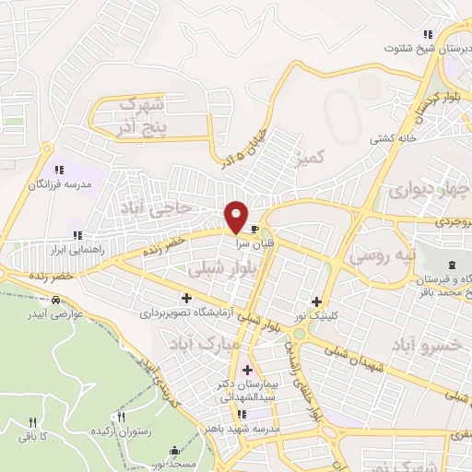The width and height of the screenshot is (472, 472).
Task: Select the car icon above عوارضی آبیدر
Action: (x=57, y=300)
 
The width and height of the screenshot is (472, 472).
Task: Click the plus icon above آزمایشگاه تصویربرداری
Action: (x=188, y=298)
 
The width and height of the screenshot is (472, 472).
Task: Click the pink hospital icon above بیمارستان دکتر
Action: (x=246, y=370)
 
